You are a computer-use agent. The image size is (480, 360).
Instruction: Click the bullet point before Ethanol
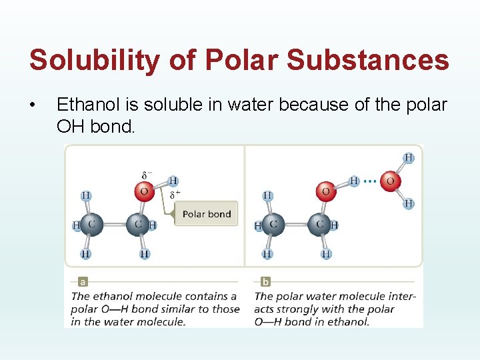coord(33,105)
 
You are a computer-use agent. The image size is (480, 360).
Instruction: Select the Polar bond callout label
coord(207,214)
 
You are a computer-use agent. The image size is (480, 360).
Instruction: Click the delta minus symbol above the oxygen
coord(146,175)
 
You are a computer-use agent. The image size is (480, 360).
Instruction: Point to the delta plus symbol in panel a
coord(175,195)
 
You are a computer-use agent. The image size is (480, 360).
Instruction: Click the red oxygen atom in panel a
coord(143,193)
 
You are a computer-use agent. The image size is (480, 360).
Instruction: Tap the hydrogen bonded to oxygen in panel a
coord(173,181)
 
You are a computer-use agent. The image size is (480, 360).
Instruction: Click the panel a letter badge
coord(82,282)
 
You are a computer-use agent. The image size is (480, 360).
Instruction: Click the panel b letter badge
coord(266,282)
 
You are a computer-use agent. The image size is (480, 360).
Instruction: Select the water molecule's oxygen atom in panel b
coord(390,181)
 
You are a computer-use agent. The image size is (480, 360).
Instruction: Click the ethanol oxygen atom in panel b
coord(325,192)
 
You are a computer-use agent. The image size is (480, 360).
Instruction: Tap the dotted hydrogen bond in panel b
coord(370,181)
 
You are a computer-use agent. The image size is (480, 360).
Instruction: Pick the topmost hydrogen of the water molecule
coord(408,159)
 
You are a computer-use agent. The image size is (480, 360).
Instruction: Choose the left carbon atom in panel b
coord(273,225)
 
